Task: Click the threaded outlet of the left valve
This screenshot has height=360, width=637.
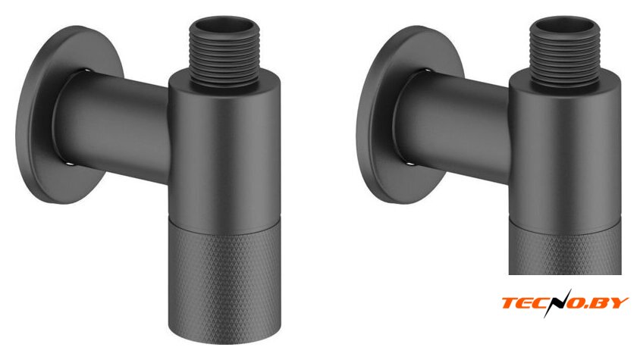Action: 224,53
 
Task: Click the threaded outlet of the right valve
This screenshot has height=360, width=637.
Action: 565,53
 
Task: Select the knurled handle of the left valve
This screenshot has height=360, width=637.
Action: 224,280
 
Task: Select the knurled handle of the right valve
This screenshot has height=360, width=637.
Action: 565,249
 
